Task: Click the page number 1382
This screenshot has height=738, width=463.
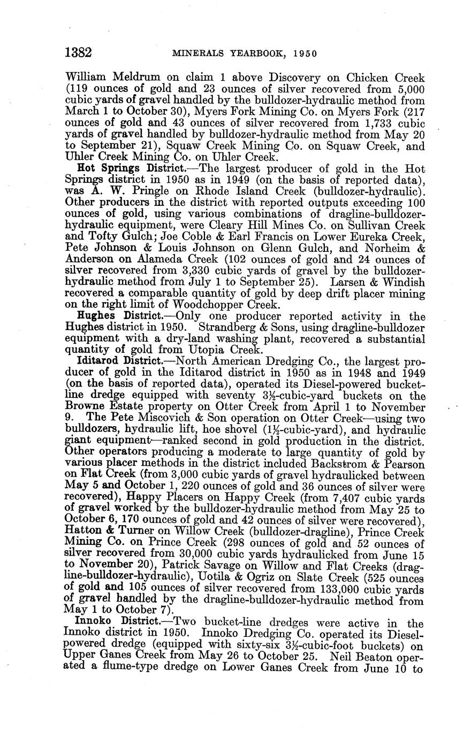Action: click(78, 53)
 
